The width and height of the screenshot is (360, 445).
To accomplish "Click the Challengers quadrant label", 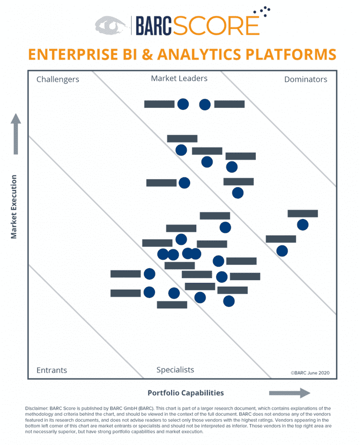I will [58, 79].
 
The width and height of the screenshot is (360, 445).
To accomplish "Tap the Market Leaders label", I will [179, 78].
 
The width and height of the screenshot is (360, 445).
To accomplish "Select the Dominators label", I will [305, 79].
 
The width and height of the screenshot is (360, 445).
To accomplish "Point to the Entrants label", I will [52, 370].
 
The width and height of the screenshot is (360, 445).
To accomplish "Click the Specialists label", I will [175, 370].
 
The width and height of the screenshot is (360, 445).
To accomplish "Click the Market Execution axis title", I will [14, 207].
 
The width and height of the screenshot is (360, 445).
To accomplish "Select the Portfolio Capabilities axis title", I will [186, 393].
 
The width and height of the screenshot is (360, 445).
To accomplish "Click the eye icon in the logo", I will [111, 25].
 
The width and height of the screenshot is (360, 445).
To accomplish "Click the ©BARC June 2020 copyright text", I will [310, 372].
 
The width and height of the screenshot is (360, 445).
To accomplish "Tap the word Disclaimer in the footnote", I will [36, 408].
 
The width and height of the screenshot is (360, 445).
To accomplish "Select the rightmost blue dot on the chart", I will [302, 225].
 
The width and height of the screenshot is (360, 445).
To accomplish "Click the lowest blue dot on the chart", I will [228, 300].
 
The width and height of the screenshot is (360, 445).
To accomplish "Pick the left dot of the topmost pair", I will [183, 104].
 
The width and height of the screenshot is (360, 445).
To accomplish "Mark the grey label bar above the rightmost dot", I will [302, 214].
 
